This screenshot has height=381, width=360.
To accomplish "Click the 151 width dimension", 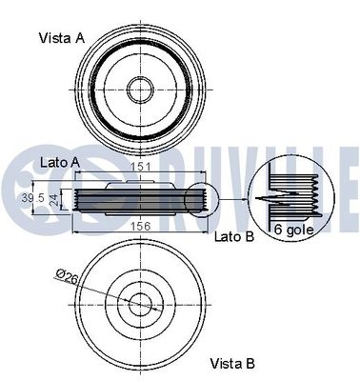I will (140, 168).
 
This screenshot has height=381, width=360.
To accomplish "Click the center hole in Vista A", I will (139, 90).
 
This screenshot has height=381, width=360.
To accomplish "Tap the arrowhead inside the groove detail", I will (263, 199).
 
